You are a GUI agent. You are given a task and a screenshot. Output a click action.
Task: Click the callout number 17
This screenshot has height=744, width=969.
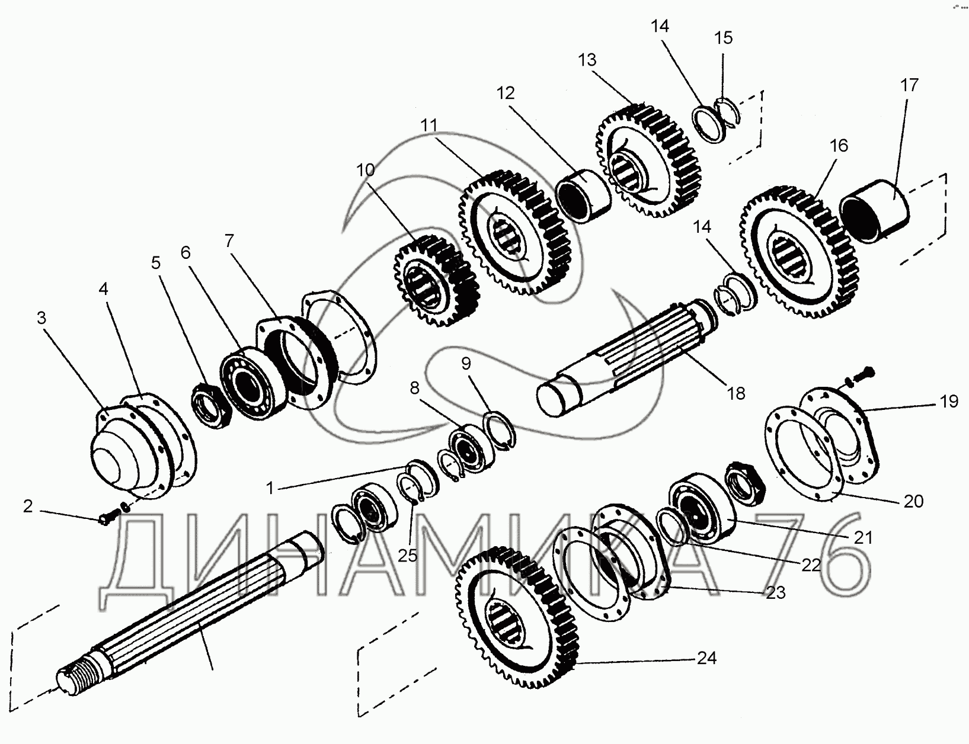point(909,85)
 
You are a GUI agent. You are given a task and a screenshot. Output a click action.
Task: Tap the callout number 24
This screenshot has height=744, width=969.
point(706,658)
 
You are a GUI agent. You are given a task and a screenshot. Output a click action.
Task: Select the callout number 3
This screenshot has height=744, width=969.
point(41,318)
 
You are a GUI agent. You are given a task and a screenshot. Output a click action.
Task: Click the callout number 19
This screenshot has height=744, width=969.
point(948,401)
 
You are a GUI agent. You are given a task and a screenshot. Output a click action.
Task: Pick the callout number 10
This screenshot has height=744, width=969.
point(366,171)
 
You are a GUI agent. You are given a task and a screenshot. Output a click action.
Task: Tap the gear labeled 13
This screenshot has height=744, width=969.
point(649,160)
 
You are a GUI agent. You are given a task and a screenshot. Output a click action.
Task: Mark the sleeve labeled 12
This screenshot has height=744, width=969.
point(584,196)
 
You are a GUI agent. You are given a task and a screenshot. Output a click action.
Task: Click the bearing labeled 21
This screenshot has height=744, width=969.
point(699,503)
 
